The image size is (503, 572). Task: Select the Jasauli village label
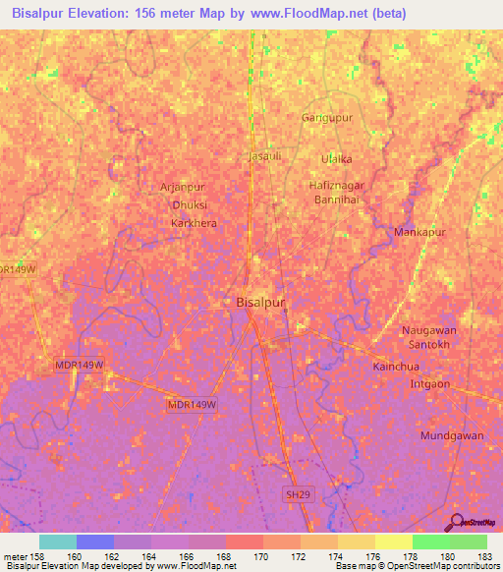[x=266, y=155]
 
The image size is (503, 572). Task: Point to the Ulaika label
[x=337, y=158]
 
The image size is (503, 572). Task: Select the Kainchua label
[x=422, y=366]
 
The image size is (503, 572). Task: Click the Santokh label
[x=429, y=346]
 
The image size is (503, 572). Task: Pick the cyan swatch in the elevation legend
[x=58, y=542]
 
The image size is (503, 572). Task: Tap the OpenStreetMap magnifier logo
[x=455, y=522]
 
